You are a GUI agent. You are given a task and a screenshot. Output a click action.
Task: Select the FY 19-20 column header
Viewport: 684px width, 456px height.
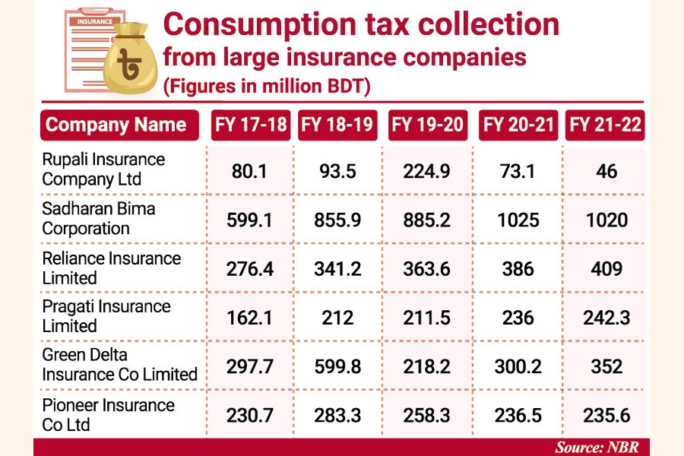pyautogui.click(x=426, y=125)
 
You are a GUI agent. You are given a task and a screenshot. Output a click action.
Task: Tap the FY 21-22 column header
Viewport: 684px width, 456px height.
pyautogui.click(x=605, y=125)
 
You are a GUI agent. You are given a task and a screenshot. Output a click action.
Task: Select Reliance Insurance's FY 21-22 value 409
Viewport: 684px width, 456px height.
pyautogui.click(x=606, y=269)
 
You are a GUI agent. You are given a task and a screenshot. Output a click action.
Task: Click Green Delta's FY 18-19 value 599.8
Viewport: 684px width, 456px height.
pyautogui.click(x=337, y=366)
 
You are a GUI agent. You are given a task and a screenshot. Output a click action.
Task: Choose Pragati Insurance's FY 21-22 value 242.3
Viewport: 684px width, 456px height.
pyautogui.click(x=606, y=318)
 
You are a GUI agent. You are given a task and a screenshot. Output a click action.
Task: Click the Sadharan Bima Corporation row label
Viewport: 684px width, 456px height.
pyautogui.click(x=98, y=219)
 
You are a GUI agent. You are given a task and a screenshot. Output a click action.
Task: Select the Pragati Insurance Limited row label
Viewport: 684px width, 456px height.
pyautogui.click(x=106, y=316)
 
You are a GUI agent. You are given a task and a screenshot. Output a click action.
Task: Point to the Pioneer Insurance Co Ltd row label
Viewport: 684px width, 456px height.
pyautogui.click(x=108, y=414)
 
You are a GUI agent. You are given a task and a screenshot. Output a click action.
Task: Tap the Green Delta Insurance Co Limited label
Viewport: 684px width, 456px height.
pyautogui.click(x=119, y=365)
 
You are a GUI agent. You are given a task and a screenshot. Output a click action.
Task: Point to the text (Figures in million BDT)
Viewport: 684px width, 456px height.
pyautogui.click(x=266, y=86)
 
